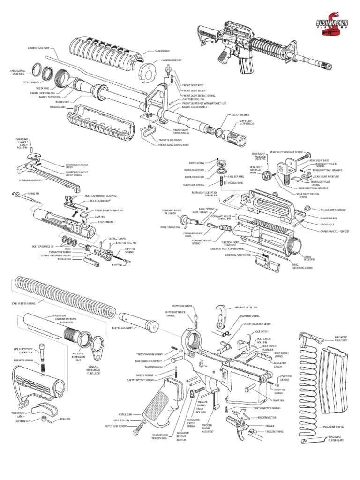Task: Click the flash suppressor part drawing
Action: coord(237,137)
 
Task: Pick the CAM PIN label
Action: coord(98,217)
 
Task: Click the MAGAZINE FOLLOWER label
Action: coord(341,338)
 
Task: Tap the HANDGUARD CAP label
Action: coord(171,60)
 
